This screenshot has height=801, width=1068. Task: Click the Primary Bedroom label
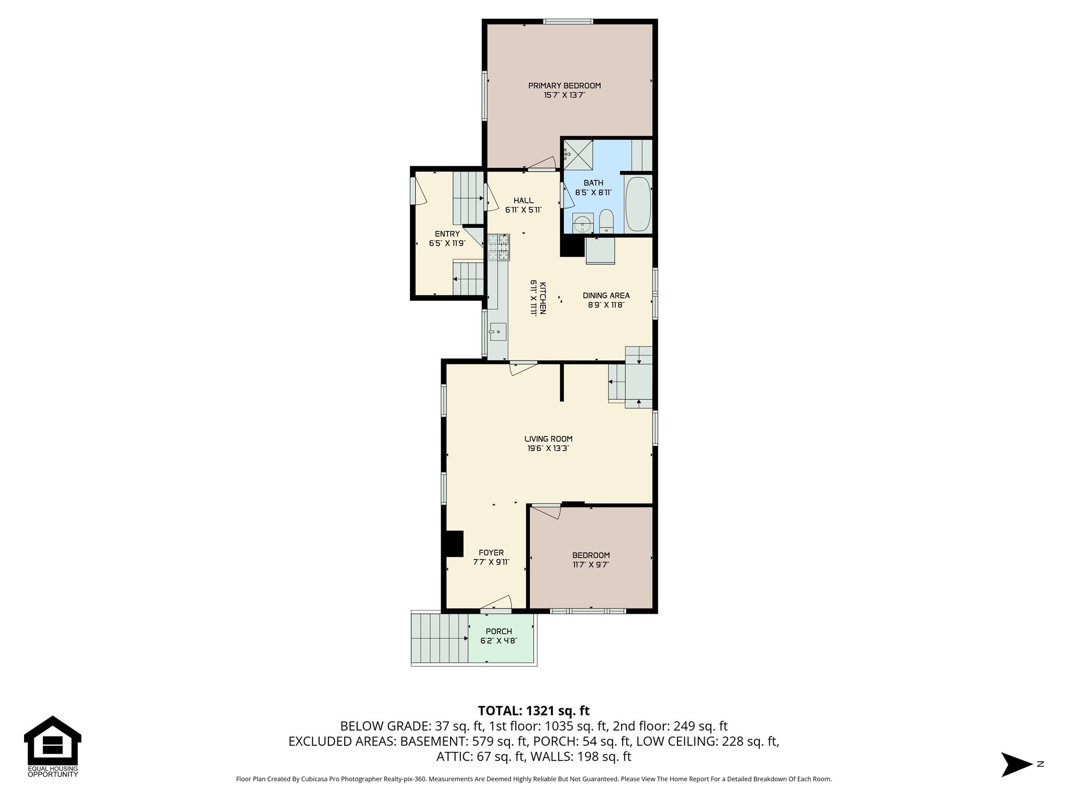click(564, 86)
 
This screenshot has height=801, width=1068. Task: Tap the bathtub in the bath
click(638, 204)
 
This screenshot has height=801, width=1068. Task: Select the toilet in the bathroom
click(606, 222)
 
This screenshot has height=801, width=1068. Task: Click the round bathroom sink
click(581, 225)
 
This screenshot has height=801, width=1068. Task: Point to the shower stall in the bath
click(578, 154)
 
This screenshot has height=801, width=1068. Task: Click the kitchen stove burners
click(499, 247)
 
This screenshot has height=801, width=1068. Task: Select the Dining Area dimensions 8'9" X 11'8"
click(606, 305)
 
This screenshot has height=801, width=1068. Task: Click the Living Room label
click(548, 439)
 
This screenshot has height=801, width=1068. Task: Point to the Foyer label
click(491, 553)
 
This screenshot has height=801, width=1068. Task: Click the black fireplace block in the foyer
click(454, 544)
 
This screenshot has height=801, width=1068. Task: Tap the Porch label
click(499, 632)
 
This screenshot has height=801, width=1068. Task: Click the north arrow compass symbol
click(1016, 764)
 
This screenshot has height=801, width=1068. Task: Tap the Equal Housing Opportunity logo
click(53, 746)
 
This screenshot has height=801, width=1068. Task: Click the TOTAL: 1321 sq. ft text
click(533, 711)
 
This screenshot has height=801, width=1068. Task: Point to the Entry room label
click(447, 234)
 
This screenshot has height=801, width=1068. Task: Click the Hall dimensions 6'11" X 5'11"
click(523, 210)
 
